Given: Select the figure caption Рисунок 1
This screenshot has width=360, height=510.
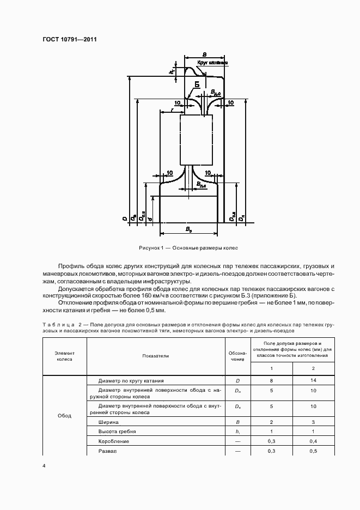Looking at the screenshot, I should (188, 248).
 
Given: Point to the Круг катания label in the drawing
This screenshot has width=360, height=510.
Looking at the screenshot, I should (212, 63).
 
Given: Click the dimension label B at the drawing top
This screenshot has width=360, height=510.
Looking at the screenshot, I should (204, 54).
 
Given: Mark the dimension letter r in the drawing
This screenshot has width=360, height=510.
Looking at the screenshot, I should (173, 110).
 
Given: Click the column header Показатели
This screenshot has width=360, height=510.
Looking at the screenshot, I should (156, 356).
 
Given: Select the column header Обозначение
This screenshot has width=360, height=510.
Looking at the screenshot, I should (237, 356).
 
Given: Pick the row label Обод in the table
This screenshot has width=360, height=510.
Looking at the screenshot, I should (64, 415).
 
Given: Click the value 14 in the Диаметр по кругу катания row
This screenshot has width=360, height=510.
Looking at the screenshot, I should (313, 381).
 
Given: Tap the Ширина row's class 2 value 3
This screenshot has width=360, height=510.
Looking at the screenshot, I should (313, 422).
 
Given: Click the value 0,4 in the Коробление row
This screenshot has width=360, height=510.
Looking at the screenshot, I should (313, 441).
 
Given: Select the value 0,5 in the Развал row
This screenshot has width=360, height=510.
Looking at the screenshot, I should (313, 451).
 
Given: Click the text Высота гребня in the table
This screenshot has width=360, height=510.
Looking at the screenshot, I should (116, 432).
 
